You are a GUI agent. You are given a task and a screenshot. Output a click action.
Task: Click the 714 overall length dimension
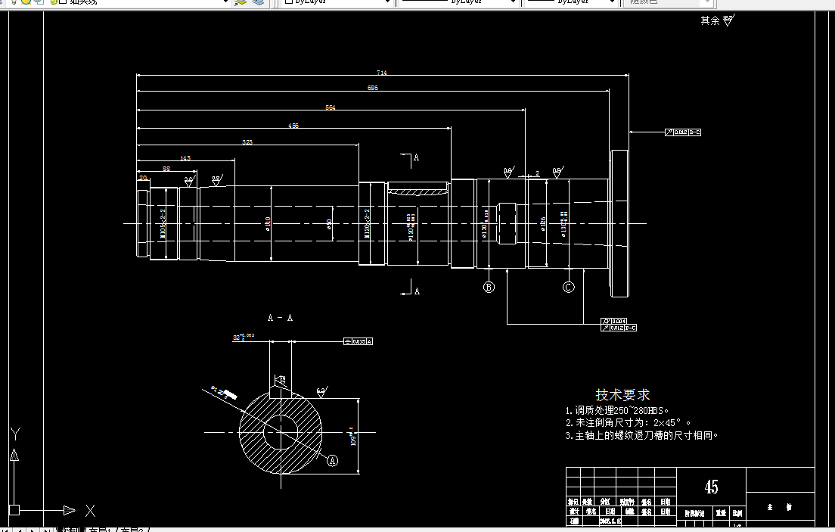(382, 73)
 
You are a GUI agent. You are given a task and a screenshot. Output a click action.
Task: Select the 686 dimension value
(372, 89)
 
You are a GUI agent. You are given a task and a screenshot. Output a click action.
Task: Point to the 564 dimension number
(331, 108)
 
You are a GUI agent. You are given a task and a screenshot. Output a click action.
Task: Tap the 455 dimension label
(293, 126)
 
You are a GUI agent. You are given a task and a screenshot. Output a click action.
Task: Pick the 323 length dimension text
(247, 142)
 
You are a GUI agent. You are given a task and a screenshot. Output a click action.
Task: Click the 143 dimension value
(185, 158)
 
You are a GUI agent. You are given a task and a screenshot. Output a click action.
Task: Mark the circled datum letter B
(489, 287)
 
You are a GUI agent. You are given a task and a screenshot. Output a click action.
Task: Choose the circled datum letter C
(569, 287)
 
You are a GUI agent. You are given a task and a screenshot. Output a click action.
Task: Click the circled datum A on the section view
(331, 459)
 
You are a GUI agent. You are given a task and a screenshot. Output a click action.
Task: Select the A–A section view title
(280, 318)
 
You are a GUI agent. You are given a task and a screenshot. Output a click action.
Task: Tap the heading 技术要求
(622, 395)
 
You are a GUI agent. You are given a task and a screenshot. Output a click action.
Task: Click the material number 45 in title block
(711, 487)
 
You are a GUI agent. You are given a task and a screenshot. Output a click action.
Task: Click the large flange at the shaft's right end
(619, 223)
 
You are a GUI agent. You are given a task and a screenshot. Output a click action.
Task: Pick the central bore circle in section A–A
(280, 433)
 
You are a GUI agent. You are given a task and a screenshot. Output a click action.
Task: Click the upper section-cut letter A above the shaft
(416, 158)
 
